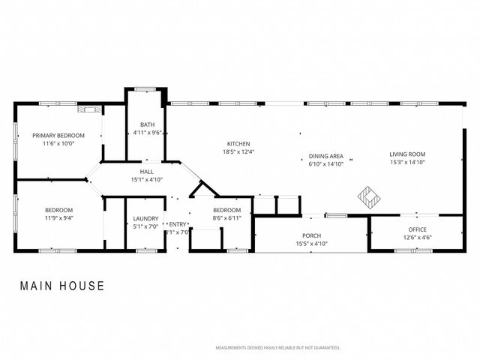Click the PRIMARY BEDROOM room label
(x=58, y=135)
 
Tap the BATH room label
(x=147, y=124)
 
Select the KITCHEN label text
(x=238, y=143)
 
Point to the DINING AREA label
(x=325, y=156)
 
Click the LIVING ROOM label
(x=406, y=155)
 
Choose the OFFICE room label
(x=418, y=229)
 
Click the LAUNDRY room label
(x=146, y=218)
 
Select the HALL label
(x=146, y=172)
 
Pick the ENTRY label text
(x=178, y=224)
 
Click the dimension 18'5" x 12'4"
(x=238, y=151)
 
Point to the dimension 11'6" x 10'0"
(x=58, y=143)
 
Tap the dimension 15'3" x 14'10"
(x=406, y=163)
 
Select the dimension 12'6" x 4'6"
(x=418, y=238)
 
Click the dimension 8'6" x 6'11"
(x=226, y=217)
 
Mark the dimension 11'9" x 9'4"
(x=58, y=217)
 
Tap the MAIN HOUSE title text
(x=62, y=286)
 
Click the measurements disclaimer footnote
(x=277, y=348)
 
